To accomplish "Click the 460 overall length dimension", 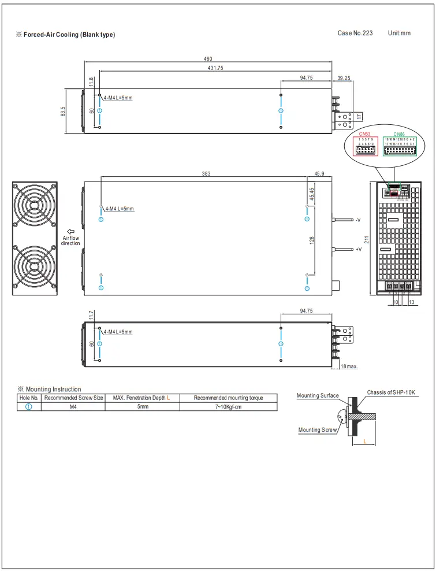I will pyautogui.click(x=208, y=58).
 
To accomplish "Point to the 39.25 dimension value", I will pyautogui.click(x=344, y=77).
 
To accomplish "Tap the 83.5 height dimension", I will pyautogui.click(x=63, y=112).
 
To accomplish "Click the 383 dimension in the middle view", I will pyautogui.click(x=206, y=173).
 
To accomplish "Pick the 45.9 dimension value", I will pyautogui.click(x=319, y=173).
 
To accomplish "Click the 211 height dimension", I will pyautogui.click(x=366, y=239).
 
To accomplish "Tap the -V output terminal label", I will pyautogui.click(x=358, y=220).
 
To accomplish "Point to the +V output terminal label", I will pyautogui.click(x=358, y=250).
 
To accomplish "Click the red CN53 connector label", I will pyautogui.click(x=364, y=134).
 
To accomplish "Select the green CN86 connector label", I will pyautogui.click(x=399, y=134).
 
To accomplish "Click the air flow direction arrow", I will pyautogui.click(x=71, y=231).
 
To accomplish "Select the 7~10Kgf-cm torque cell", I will pyautogui.click(x=229, y=407).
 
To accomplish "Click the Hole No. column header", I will pyautogui.click(x=29, y=398).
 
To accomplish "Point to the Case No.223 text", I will pyautogui.click(x=355, y=33).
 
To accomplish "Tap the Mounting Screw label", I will pyautogui.click(x=317, y=429).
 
